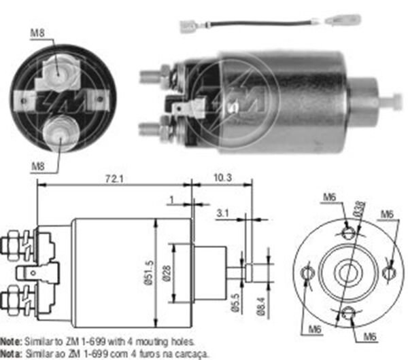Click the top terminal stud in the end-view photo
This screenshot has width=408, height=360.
tap(57, 69)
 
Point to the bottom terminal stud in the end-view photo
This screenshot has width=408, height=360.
tap(59, 129)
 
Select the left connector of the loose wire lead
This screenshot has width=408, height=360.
tap(188, 27)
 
